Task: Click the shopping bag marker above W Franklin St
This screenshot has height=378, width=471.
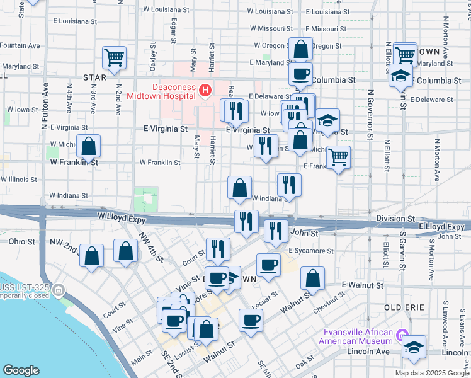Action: [x=89, y=146]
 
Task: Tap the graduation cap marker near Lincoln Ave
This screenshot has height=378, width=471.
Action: [x=414, y=347]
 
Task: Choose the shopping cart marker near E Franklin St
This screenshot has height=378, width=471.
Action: [x=339, y=157]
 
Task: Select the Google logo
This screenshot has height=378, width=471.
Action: [x=21, y=370]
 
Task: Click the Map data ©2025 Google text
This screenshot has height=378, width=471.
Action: [x=432, y=373]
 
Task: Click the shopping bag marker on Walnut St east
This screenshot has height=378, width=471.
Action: [x=312, y=278]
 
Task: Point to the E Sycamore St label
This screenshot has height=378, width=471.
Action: [x=311, y=251]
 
